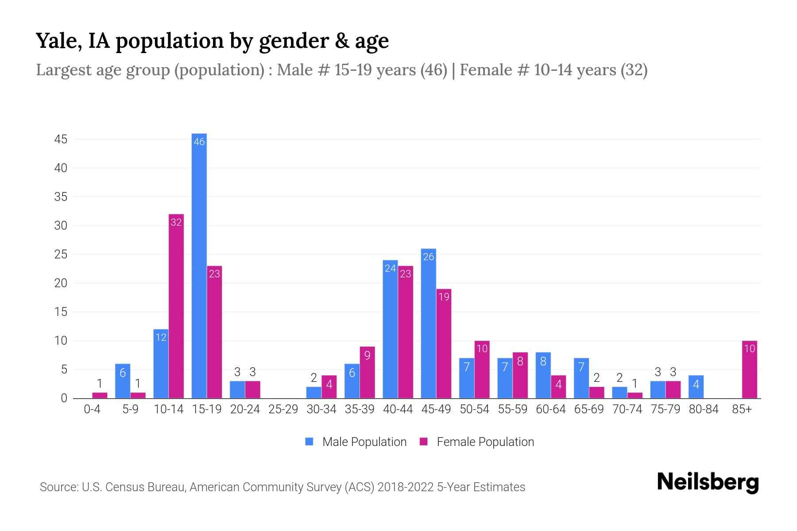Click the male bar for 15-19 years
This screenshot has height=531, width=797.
[x=199, y=265]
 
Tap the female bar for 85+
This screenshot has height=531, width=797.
[x=749, y=369]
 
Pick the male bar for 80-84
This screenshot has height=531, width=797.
[x=696, y=387]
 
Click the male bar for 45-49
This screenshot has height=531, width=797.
[x=428, y=323]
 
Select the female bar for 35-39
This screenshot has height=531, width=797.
[x=367, y=372]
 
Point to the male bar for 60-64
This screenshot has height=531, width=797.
[x=543, y=375]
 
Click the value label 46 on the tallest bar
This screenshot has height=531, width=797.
[x=199, y=142]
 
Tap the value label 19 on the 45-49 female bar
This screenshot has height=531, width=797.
[x=444, y=297]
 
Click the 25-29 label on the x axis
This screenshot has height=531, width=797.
[x=283, y=409]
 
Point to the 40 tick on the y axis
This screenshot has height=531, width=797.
[x=61, y=168]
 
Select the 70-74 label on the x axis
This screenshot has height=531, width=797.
[x=627, y=409]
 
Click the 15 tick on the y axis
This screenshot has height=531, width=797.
[x=61, y=312]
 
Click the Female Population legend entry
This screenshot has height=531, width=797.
[x=477, y=442]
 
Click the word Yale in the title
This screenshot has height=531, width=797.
[x=58, y=41]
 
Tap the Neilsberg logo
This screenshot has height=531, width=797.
[x=708, y=482]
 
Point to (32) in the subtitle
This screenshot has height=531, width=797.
[x=634, y=70]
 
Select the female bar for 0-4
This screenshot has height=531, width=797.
[x=100, y=395]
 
